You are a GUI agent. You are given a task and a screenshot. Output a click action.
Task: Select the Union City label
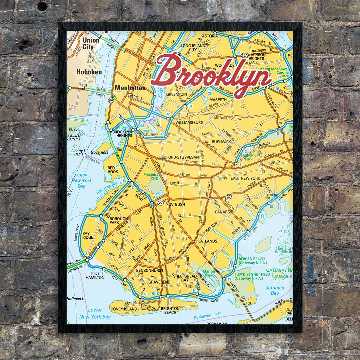click(90, 44)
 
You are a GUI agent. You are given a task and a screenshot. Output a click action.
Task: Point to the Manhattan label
click(130, 88)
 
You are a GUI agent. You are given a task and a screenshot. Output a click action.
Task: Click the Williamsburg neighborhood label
click(189, 122)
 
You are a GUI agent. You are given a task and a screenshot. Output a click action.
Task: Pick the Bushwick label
click(221, 142)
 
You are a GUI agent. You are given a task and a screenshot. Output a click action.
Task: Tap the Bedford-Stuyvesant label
click(180, 157)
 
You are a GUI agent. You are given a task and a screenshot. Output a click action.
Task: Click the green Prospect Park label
click(151, 176)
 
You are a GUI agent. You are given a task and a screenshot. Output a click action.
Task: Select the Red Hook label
click(113, 170)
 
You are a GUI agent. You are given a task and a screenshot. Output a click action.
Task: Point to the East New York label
click(245, 178)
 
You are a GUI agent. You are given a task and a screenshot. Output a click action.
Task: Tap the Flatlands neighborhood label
click(207, 241)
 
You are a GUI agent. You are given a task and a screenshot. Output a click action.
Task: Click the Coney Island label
click(123, 309)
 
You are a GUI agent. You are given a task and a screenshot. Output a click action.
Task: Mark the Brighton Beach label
click(170, 311)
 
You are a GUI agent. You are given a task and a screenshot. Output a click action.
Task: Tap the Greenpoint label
click(178, 94)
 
